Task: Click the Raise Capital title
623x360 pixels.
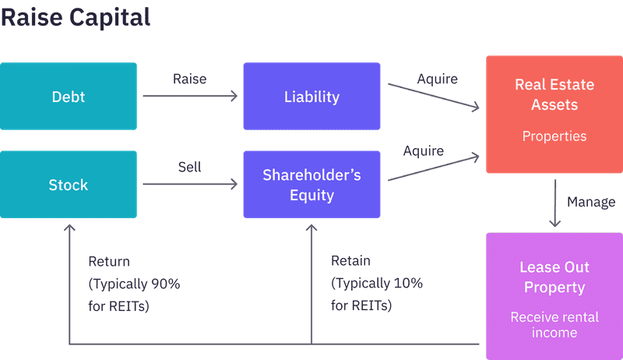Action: point(76,18)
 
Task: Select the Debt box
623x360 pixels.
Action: point(69,97)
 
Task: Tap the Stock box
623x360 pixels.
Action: point(69,185)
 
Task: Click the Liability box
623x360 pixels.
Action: point(311,97)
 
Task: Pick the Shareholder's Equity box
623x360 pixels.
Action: point(311,185)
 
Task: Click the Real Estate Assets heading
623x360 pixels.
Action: point(554,94)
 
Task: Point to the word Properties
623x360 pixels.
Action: point(554,136)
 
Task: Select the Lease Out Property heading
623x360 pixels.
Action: point(554,277)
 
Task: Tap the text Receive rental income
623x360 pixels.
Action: point(554,325)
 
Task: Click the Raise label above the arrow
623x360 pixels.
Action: point(189,79)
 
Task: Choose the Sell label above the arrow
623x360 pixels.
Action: point(189,167)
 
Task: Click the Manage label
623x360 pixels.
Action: point(590,202)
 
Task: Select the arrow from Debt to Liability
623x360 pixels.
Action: point(189,97)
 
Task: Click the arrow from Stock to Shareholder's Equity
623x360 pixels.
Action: point(189,185)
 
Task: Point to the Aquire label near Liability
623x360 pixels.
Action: point(437,79)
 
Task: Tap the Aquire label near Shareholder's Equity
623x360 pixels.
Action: point(423,150)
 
